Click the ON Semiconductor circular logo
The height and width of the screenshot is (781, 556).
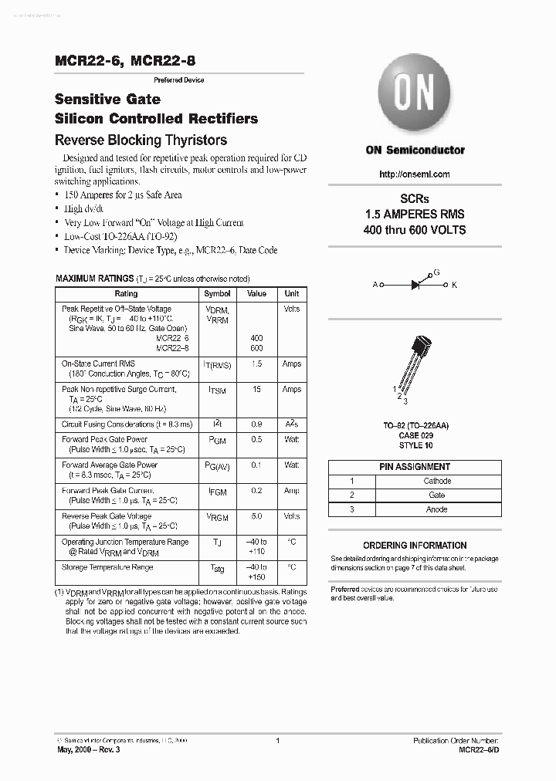click(x=415, y=95)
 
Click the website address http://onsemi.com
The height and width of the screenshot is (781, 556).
click(x=415, y=174)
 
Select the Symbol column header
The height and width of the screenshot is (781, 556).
click(x=217, y=294)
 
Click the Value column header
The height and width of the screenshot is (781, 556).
click(x=256, y=294)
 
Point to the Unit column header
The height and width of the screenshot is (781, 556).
click(x=291, y=294)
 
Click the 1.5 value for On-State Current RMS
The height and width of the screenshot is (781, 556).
click(x=256, y=363)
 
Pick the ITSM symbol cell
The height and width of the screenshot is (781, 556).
click(x=217, y=390)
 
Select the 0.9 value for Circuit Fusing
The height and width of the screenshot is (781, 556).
click(x=256, y=424)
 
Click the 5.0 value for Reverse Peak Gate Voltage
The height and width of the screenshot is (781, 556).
click(x=256, y=516)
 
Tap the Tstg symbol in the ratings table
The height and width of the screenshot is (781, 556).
click(x=217, y=569)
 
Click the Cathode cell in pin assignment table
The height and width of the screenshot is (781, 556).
click(x=437, y=481)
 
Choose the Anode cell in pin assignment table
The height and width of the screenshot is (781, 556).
click(x=437, y=509)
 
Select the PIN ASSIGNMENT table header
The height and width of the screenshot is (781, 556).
click(x=415, y=466)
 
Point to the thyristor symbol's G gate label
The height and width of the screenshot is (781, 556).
click(x=437, y=273)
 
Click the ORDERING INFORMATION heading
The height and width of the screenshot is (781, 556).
click(x=415, y=545)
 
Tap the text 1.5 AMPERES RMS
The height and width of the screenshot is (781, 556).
click(x=415, y=214)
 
